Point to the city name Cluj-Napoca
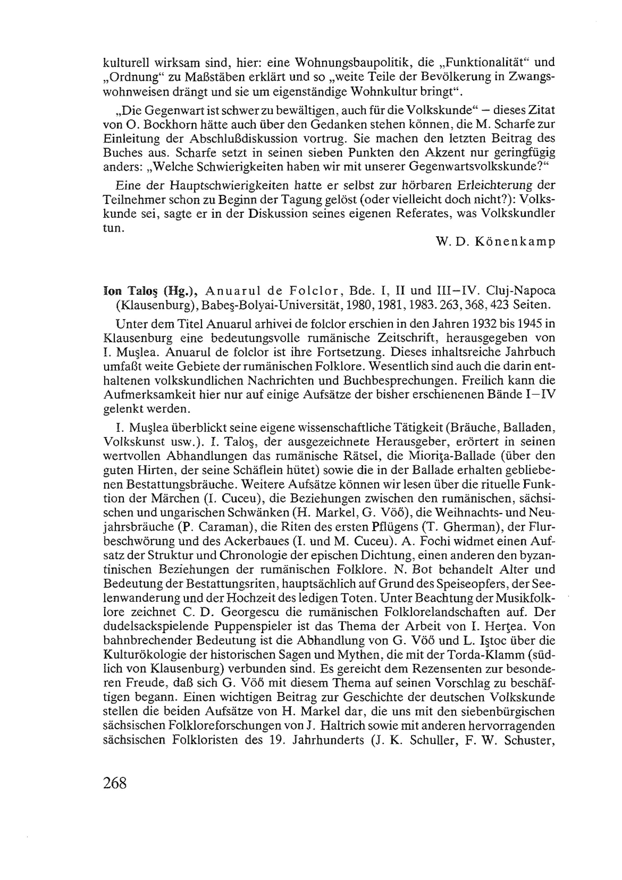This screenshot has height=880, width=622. (520, 291)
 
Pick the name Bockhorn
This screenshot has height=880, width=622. (165, 124)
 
